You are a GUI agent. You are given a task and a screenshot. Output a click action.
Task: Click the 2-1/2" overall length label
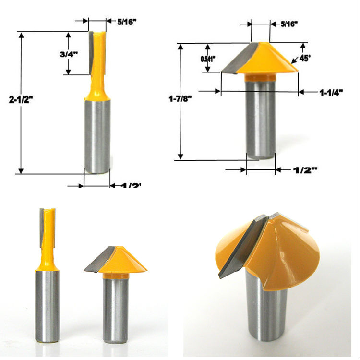point(24,99)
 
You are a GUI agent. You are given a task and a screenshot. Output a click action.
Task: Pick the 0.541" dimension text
point(208,59)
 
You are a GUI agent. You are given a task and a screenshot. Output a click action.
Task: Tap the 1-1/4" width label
point(332,93)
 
